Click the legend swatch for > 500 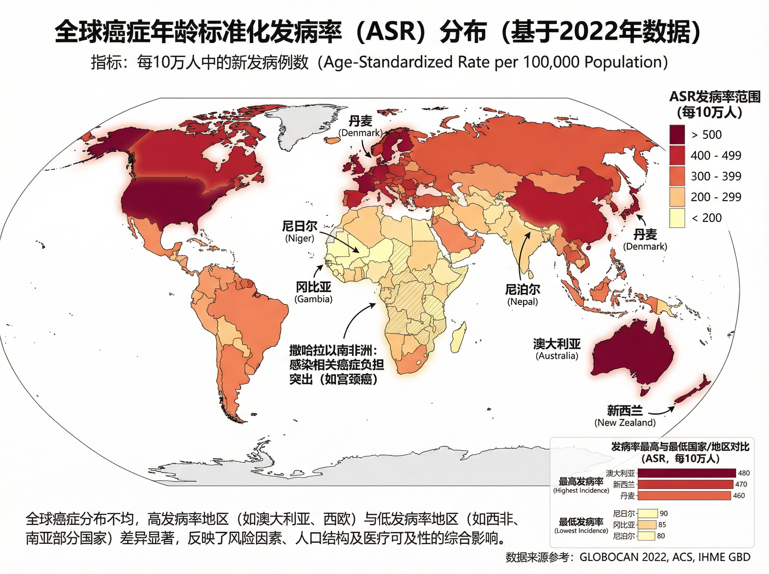tap(677, 135)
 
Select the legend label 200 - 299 tap(716, 197)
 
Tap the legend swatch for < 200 tap(677, 218)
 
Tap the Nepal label tap(522, 295)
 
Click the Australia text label tap(557, 349)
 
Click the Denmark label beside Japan tap(645, 240)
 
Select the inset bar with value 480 tap(687, 473)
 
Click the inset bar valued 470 tap(686, 484)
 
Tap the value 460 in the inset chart tap(739, 496)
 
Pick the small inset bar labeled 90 tap(648, 513)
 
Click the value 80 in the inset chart tap(661, 536)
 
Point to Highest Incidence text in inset tap(581, 485)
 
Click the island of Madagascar tap(459, 336)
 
